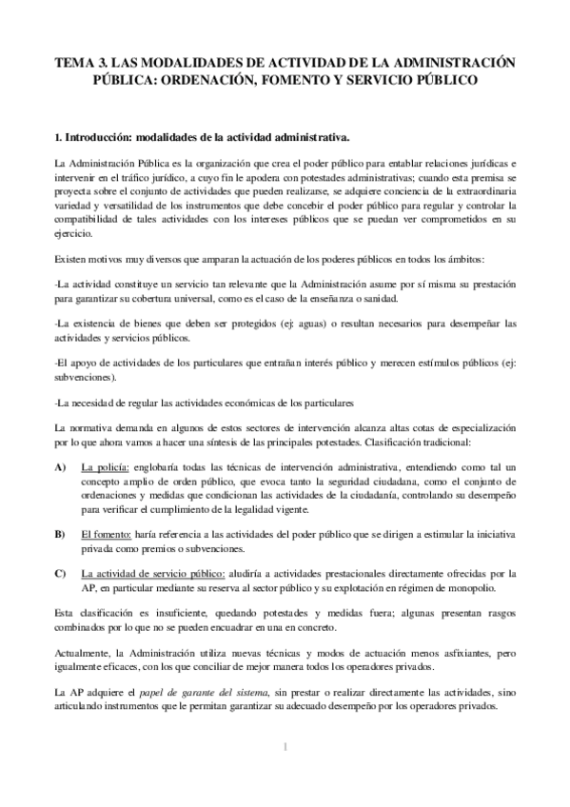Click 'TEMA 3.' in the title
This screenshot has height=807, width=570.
(x=80, y=63)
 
